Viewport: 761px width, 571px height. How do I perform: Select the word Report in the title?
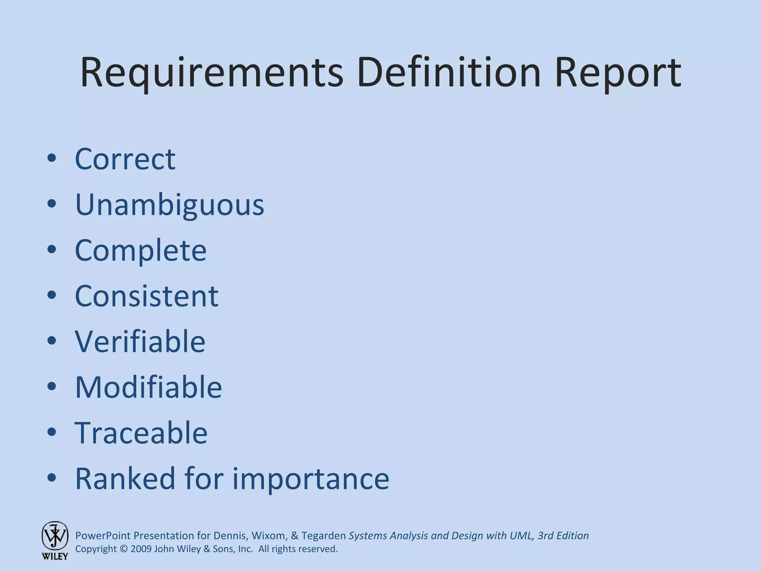click(x=618, y=73)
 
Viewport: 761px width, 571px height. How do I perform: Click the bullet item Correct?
click(x=125, y=159)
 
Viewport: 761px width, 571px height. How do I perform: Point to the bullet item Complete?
click(x=140, y=251)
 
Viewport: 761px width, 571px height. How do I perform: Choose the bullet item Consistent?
click(x=146, y=296)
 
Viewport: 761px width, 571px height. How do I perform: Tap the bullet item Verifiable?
click(x=140, y=341)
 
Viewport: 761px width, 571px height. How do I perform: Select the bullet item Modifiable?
click(x=148, y=387)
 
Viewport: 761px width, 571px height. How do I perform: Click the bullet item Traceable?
click(x=141, y=433)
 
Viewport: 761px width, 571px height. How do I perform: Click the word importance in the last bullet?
click(x=311, y=478)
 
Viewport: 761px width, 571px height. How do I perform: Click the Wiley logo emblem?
click(x=55, y=536)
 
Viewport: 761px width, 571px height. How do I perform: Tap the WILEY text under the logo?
click(x=55, y=557)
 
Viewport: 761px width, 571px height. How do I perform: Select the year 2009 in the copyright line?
click(x=141, y=549)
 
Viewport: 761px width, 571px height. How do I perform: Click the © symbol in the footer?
click(x=124, y=549)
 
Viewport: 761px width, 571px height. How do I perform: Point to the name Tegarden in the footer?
click(x=323, y=536)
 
